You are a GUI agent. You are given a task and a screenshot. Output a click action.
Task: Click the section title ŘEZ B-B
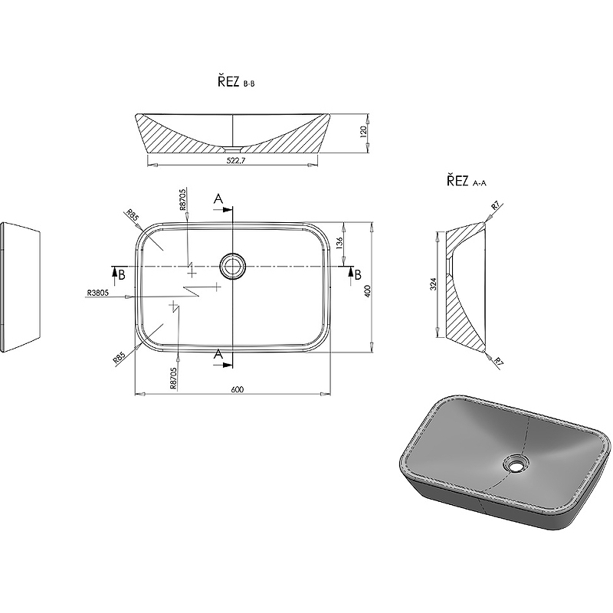pyautogui.click(x=236, y=82)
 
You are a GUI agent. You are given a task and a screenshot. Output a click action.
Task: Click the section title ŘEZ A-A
pyautogui.click(x=467, y=181)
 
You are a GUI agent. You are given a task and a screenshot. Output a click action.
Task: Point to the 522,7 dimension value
pyautogui.click(x=235, y=160)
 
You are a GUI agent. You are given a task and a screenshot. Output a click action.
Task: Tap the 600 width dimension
pyautogui.click(x=238, y=389)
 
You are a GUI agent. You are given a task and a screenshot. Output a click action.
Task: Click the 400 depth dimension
pyautogui.click(x=367, y=291)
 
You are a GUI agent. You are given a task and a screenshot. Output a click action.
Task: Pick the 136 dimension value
pyautogui.click(x=339, y=243)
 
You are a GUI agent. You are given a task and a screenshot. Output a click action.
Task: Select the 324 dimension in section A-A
pyautogui.click(x=433, y=284)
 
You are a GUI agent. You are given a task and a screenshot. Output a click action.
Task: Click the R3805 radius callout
pyautogui.click(x=98, y=292)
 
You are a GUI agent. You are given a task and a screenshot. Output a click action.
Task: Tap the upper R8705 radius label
pyautogui.click(x=183, y=199)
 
